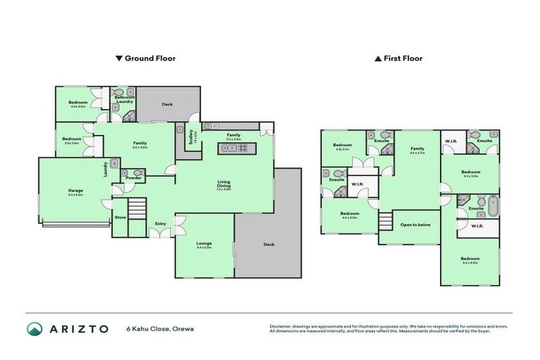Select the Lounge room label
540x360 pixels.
pos(204,244)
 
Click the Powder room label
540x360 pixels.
pos(134,178)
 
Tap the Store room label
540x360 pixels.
pos(120,218)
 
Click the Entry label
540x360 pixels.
pos(160,224)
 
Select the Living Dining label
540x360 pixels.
pos(223,184)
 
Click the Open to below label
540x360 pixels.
pos(415,225)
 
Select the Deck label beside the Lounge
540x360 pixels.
pos(268,245)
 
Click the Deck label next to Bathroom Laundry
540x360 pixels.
pos(167,104)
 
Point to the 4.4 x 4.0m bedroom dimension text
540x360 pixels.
pos(470,263)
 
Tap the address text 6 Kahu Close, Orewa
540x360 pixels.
pos(160,328)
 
